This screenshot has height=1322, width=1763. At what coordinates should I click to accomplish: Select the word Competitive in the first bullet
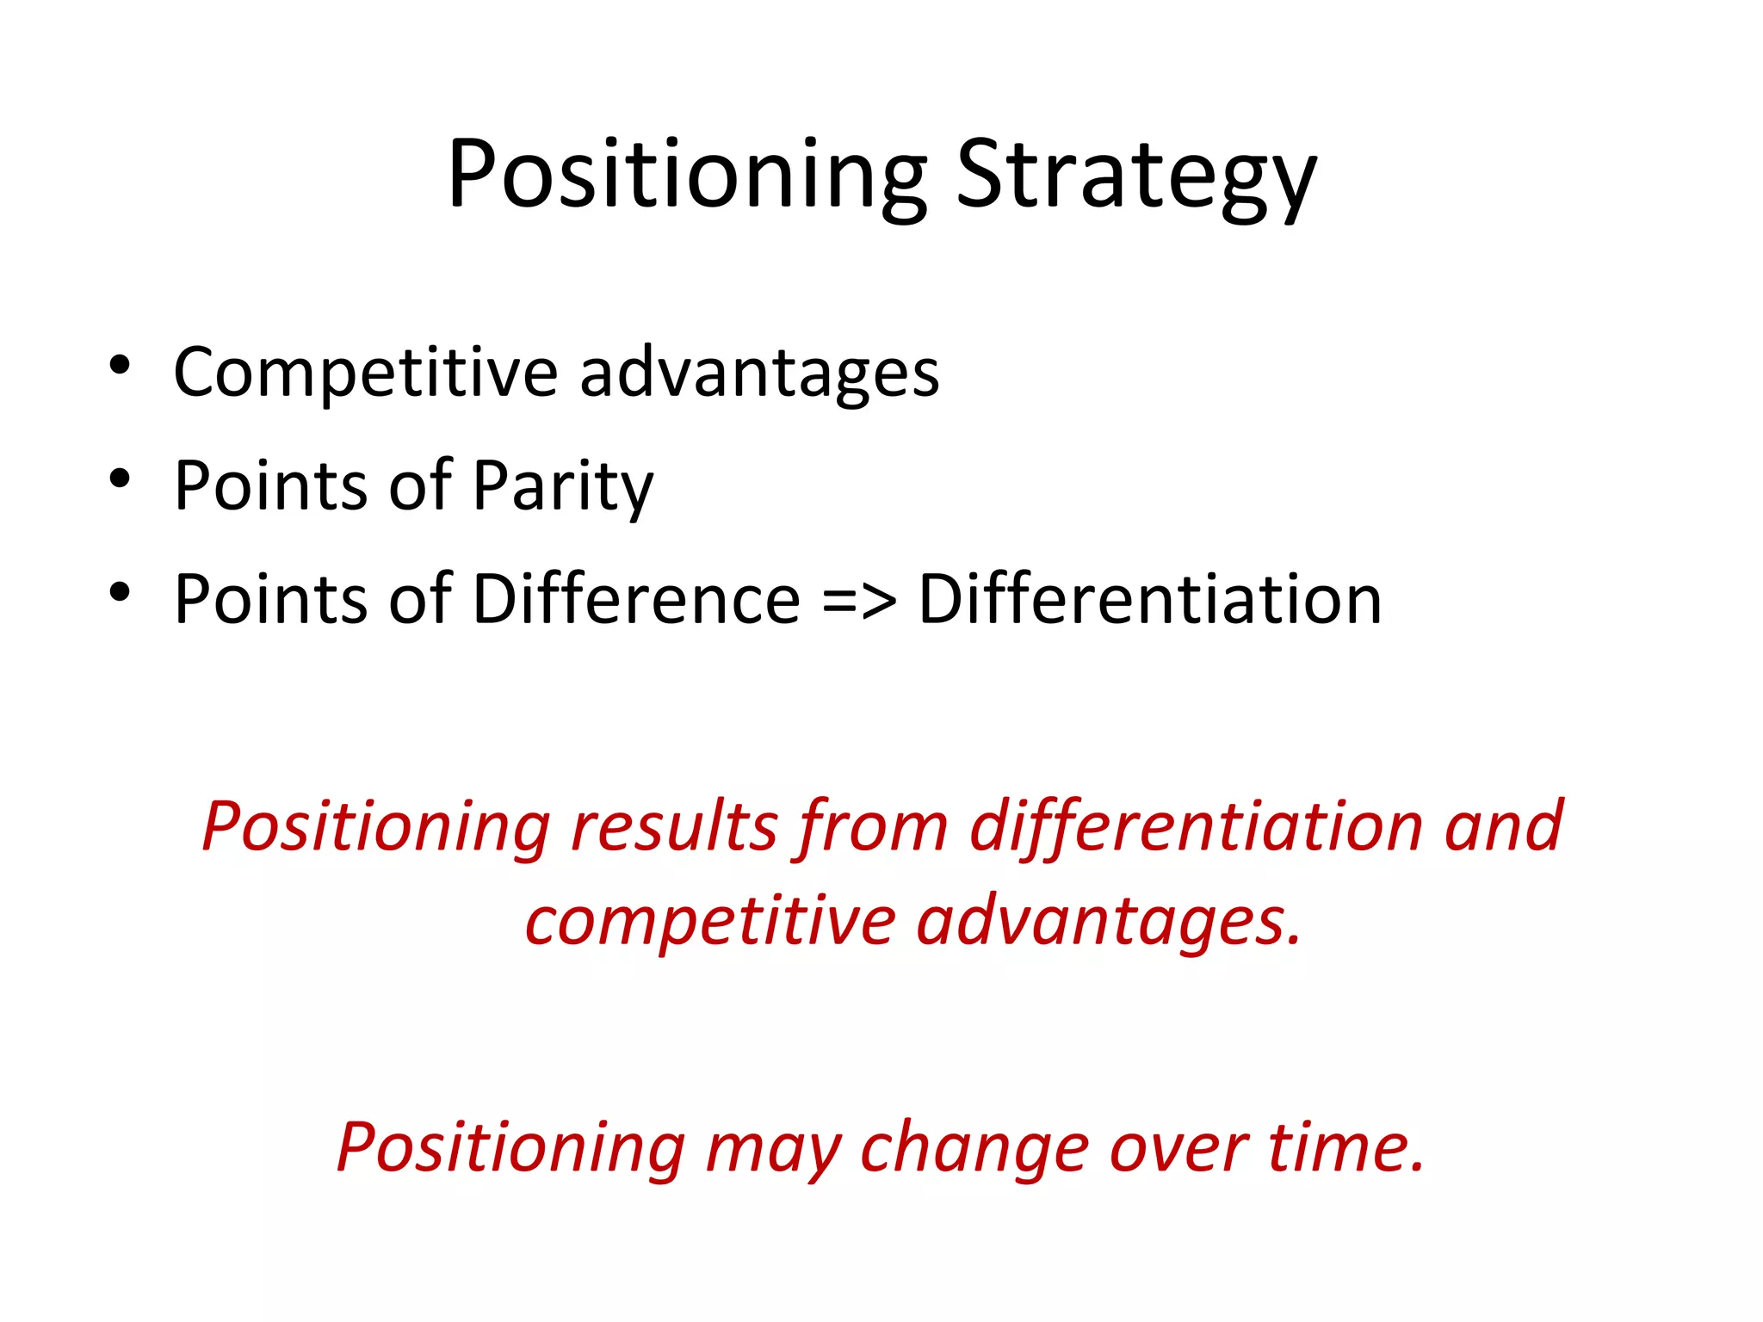pos(366,374)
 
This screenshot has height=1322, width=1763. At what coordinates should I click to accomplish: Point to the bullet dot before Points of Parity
pos(120,479)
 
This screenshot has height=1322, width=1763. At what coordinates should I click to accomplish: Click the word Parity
pos(563,487)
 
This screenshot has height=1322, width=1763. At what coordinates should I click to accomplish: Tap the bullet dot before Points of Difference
pos(120,592)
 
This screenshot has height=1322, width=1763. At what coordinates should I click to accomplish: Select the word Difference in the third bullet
pos(637,599)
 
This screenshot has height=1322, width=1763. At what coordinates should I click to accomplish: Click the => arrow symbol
pos(859,601)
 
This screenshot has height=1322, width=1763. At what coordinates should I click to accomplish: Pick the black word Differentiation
pos(1150,599)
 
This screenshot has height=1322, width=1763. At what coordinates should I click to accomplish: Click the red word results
pos(675,826)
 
